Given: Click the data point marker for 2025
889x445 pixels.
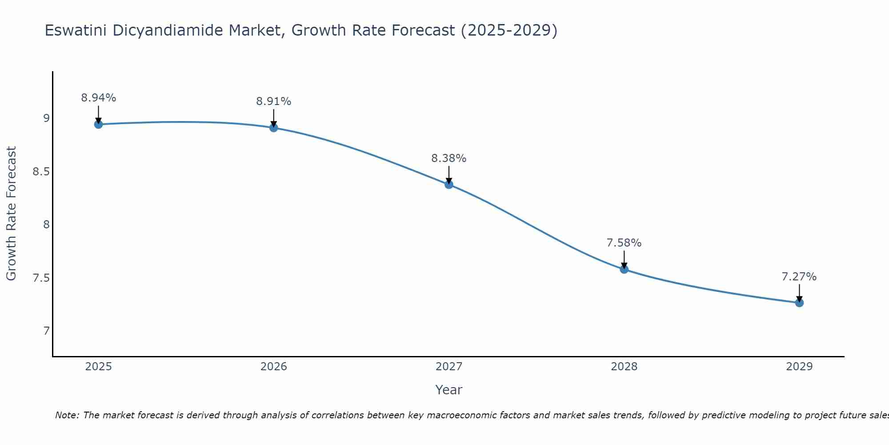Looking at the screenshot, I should [99, 124].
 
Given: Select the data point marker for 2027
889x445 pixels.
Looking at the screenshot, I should [449, 184].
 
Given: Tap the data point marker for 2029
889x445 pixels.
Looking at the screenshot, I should [799, 303].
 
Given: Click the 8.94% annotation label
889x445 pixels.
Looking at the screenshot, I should [99, 98].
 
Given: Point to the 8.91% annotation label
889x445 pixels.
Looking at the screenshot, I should [274, 101].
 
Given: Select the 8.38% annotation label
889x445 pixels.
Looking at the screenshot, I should [449, 158].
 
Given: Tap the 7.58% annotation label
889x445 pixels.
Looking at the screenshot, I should [624, 243].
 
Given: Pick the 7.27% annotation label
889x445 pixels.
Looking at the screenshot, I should [799, 277].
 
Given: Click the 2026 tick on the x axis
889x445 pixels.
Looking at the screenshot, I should [274, 367].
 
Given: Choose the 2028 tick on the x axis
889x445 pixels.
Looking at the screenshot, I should [624, 367].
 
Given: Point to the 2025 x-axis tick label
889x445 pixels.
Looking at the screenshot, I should [99, 367].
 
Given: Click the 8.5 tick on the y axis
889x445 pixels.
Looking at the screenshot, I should [41, 172].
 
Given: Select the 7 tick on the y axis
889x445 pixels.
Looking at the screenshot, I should [46, 331].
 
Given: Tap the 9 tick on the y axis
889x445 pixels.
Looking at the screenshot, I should [46, 118].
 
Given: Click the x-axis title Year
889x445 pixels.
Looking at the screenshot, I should [449, 390].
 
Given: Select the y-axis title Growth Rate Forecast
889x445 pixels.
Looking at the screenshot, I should [12, 214].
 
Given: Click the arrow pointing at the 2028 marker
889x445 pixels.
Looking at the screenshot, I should [624, 259].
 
